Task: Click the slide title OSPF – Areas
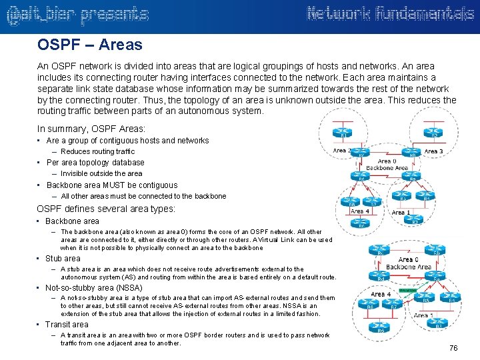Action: (90, 45)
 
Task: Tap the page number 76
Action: (453, 348)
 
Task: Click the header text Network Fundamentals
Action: (390, 14)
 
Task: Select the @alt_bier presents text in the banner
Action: (77, 15)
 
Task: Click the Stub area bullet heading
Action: (63, 259)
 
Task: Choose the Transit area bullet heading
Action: (67, 325)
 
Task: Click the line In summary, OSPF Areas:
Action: (91, 129)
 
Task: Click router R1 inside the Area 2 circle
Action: (344, 133)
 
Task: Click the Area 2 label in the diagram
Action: (341, 151)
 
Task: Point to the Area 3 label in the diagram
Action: (434, 151)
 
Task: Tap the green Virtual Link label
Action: (407, 291)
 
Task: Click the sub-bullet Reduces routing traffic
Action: (97, 152)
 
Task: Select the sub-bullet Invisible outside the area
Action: (101, 174)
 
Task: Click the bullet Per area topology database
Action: (95, 163)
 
